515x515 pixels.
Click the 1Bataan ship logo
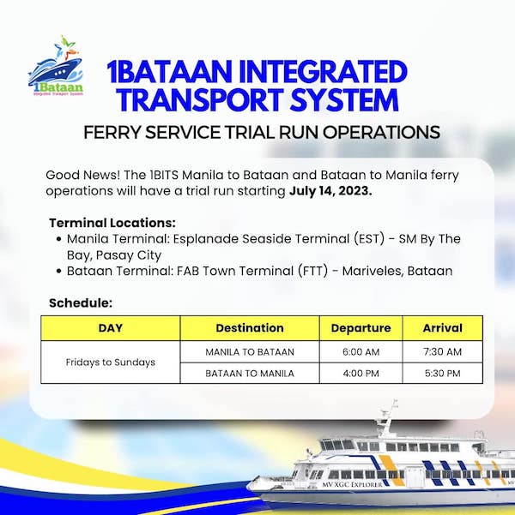[x=56, y=66]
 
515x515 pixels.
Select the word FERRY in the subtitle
[x=112, y=132]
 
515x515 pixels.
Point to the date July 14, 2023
[x=330, y=191]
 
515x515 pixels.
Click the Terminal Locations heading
[x=112, y=223]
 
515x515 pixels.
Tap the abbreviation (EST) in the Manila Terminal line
[x=369, y=239]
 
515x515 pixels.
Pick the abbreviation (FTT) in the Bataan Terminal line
[x=313, y=271]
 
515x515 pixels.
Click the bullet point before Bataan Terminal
[x=59, y=272]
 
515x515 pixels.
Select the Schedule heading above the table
[x=81, y=302]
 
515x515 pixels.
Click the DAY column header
[x=111, y=328]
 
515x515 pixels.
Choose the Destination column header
[x=250, y=328]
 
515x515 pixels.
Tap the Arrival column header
[x=443, y=328]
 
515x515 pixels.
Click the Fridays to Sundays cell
[x=111, y=362]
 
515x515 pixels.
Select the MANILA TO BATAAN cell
[x=250, y=352]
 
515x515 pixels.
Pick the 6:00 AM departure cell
[x=361, y=352]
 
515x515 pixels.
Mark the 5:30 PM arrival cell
[x=443, y=373]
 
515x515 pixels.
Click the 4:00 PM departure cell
[x=361, y=373]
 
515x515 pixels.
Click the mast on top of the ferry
[x=389, y=418]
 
